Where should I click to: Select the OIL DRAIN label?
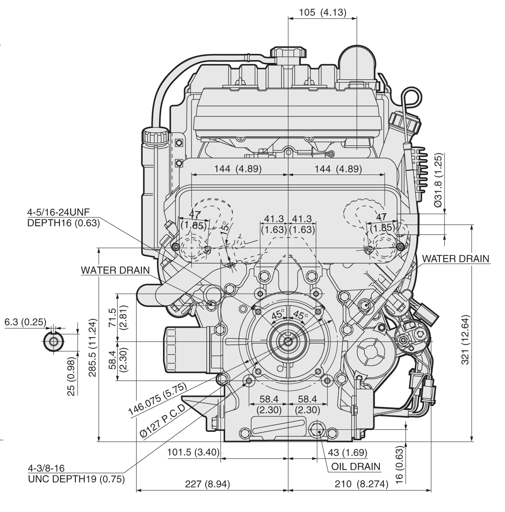(356, 466)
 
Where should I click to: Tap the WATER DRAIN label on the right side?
(455, 259)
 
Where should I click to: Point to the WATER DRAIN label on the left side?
(115, 270)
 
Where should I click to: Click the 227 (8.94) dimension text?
(205, 484)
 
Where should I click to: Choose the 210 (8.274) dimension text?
(361, 484)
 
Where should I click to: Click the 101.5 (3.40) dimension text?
(194, 453)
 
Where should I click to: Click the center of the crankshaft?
(288, 342)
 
